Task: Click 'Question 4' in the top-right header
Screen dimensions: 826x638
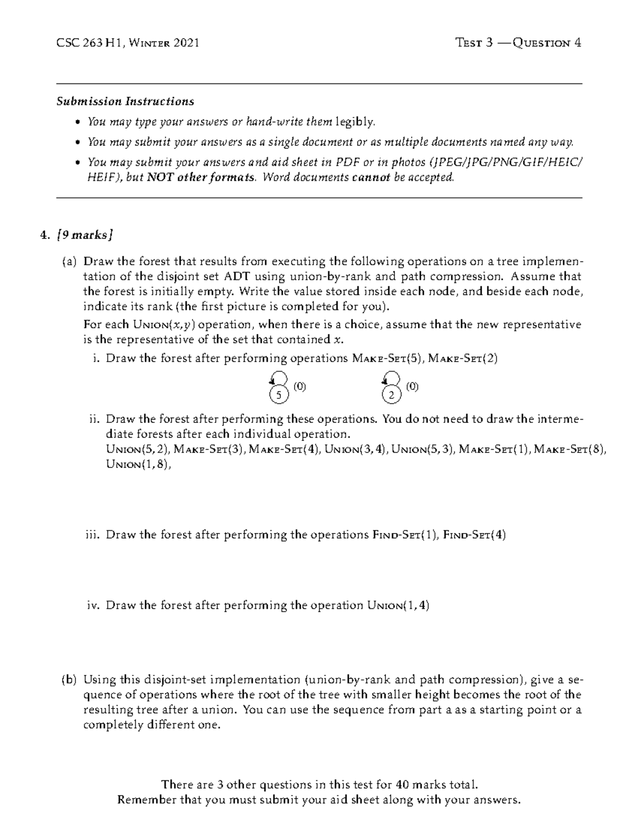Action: [x=547, y=43]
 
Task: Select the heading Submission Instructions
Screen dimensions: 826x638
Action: [x=125, y=101]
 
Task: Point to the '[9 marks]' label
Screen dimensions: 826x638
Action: [x=85, y=235]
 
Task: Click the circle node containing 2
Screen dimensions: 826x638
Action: [x=391, y=395]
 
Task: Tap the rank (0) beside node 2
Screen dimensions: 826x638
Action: [x=413, y=387]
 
